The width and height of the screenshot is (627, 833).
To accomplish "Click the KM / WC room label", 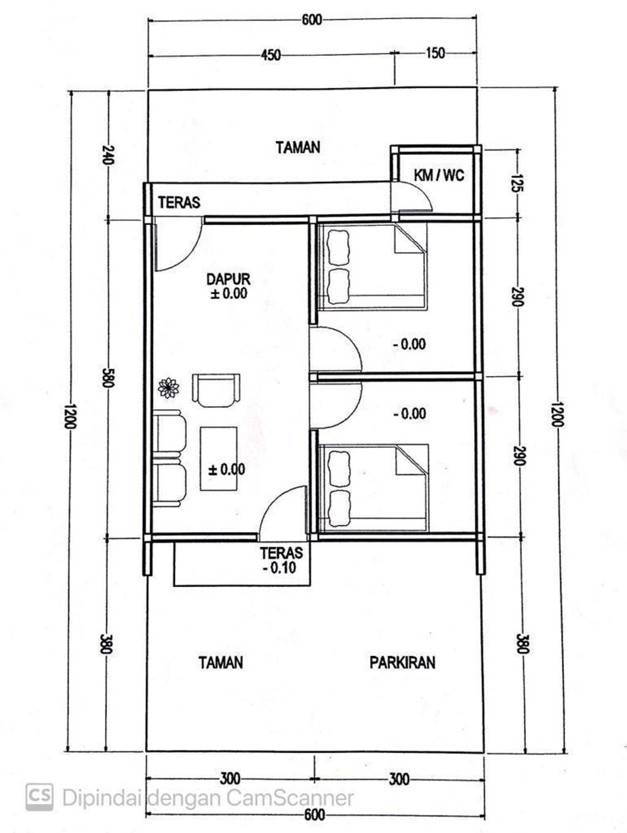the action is (439, 175).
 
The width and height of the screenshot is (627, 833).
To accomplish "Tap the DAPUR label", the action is (228, 279).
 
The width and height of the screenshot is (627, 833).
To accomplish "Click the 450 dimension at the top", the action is (271, 55).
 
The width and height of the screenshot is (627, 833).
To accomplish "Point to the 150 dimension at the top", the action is (435, 53).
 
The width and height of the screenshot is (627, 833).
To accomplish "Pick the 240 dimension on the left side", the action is (108, 154).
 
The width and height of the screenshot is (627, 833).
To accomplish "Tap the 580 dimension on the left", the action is (107, 377).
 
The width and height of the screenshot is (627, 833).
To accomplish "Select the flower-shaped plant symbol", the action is (168, 388).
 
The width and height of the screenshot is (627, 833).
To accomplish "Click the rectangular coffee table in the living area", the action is (219, 459).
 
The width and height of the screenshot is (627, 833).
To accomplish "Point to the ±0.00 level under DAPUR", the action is (229, 293).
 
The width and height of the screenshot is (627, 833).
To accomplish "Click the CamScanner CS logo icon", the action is (39, 797).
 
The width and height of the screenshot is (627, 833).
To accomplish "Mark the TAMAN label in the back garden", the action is (298, 147).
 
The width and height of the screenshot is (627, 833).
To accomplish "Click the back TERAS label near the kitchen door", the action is (179, 203).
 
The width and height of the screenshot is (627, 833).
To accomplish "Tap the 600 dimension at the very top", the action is (312, 20).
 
